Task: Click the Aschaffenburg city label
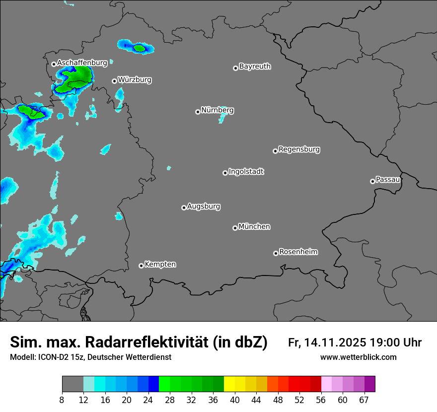(82, 63)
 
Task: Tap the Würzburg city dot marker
(114, 81)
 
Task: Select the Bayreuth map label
(255, 66)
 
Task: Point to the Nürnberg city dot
(198, 112)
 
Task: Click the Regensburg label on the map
(299, 149)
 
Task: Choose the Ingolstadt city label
(246, 172)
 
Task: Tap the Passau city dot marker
(372, 181)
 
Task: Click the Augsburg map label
(204, 206)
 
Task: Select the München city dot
(235, 228)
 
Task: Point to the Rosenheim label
(298, 252)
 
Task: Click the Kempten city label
(160, 264)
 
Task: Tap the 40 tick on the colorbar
(235, 400)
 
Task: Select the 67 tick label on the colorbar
(364, 400)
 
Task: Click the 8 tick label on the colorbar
(62, 400)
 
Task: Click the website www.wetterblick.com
(358, 357)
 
